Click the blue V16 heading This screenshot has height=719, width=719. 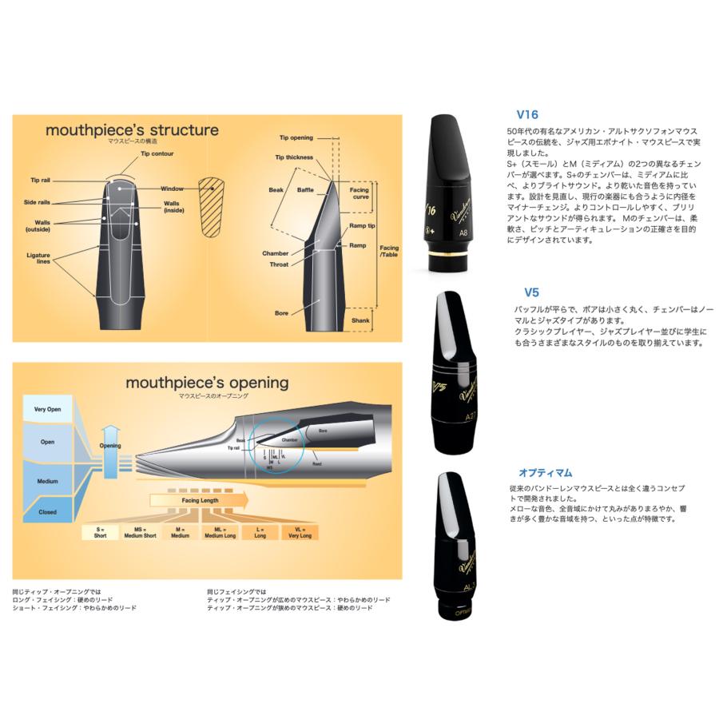click(528, 114)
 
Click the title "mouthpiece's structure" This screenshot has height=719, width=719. click(132, 129)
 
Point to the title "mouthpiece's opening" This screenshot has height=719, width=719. click(207, 383)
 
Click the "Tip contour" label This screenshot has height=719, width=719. click(157, 153)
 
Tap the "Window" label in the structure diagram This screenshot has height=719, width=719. click(172, 189)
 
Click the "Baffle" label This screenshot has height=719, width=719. click(306, 189)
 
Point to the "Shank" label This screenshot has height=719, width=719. click(360, 320)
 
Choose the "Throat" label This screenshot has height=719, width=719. click(279, 264)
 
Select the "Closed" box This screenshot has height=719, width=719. click(48, 512)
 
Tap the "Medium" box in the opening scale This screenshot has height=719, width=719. click(48, 481)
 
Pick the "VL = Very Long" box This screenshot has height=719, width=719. click(300, 532)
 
